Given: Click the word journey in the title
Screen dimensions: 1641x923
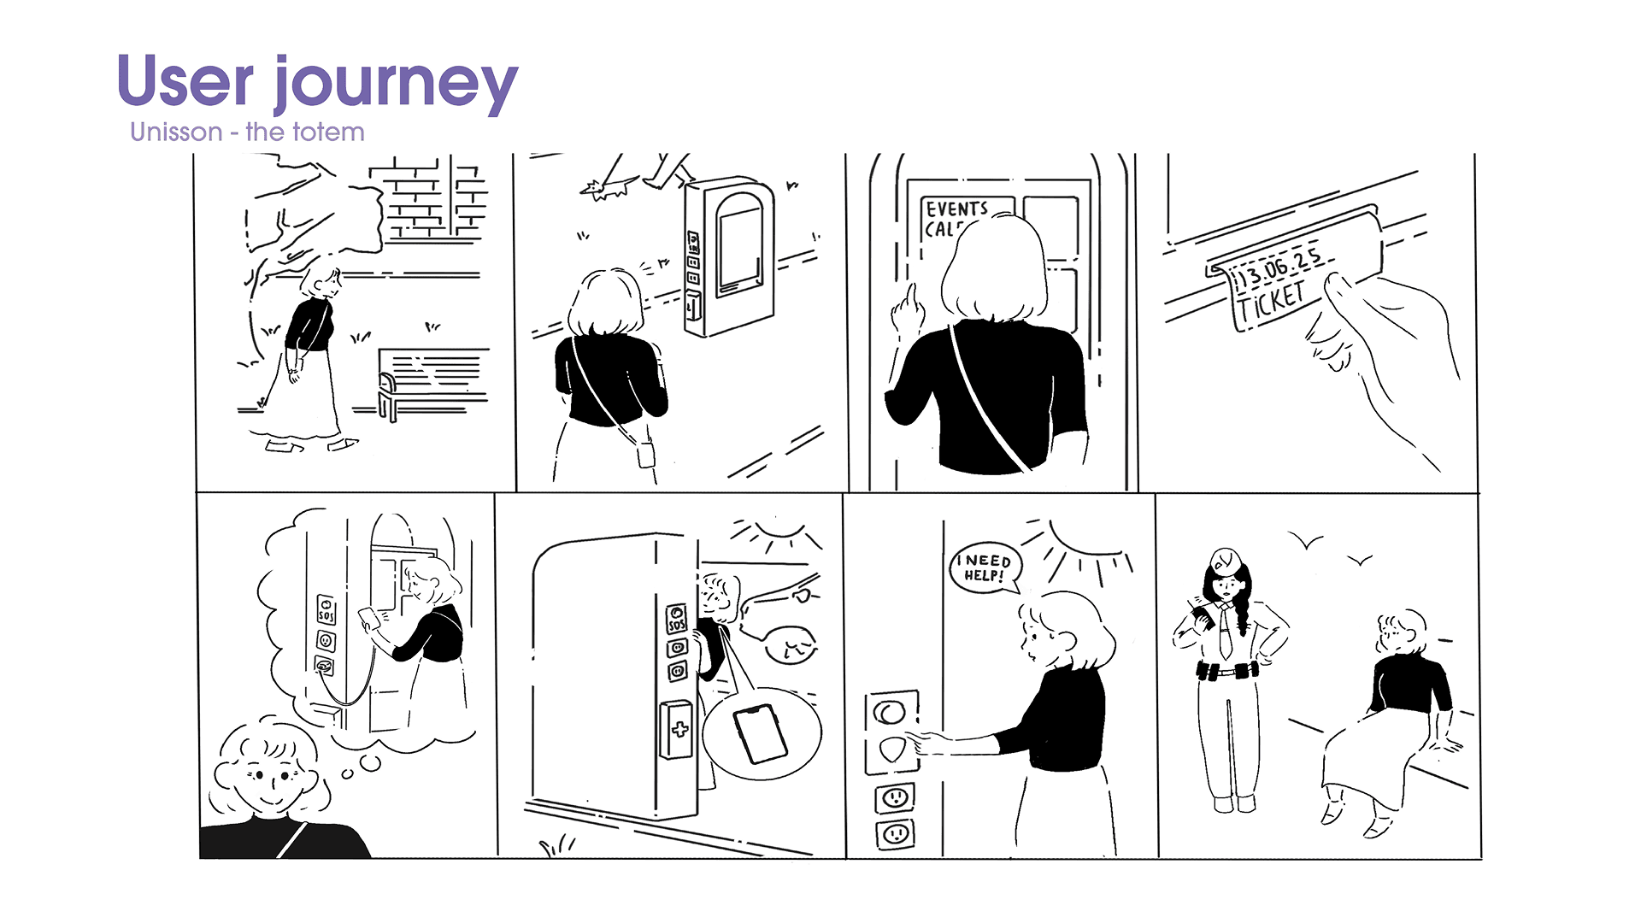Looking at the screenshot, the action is (x=396, y=84).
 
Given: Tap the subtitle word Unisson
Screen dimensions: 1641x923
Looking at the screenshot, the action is (x=176, y=132).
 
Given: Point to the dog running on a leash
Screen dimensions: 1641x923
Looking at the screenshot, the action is (x=608, y=187).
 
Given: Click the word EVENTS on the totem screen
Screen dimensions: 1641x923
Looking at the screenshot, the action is (x=956, y=209).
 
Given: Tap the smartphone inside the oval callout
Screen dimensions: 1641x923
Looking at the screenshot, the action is (x=761, y=733).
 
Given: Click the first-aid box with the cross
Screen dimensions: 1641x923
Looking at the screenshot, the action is (x=679, y=729).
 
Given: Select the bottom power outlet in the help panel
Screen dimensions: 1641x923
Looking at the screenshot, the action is (x=895, y=833).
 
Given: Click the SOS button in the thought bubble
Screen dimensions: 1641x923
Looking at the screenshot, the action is (x=326, y=609).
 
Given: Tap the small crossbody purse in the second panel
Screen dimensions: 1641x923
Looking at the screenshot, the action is (x=645, y=452).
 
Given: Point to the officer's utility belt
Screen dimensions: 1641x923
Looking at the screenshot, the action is (x=1227, y=672).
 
